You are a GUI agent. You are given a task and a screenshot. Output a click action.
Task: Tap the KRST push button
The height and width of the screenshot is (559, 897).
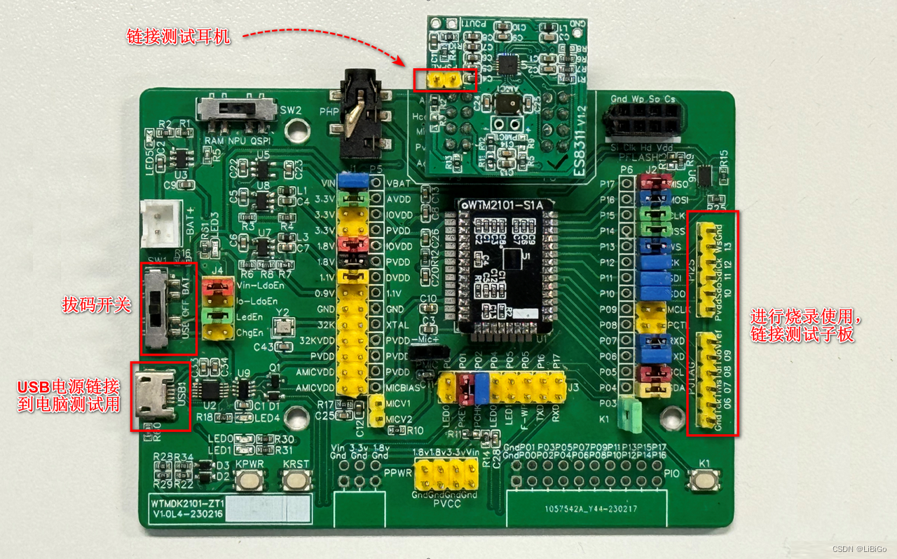296,480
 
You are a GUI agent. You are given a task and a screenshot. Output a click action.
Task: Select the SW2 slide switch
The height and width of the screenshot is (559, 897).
234,110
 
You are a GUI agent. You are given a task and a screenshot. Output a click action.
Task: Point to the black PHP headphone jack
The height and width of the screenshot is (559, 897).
360,116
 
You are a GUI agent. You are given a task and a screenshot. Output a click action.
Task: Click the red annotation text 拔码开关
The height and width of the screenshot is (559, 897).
97,305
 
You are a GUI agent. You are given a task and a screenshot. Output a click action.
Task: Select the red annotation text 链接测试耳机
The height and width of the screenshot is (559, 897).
177,36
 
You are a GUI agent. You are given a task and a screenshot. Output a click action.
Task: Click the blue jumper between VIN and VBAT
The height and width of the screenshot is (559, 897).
353,182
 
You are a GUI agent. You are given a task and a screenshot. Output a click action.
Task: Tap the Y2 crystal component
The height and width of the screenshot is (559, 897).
283,327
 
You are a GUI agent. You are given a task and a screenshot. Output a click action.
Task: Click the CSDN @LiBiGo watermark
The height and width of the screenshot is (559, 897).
861,548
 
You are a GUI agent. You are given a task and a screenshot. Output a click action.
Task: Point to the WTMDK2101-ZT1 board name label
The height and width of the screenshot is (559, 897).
187,503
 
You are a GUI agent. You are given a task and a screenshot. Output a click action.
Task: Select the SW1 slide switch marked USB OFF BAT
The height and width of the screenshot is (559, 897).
157,309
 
